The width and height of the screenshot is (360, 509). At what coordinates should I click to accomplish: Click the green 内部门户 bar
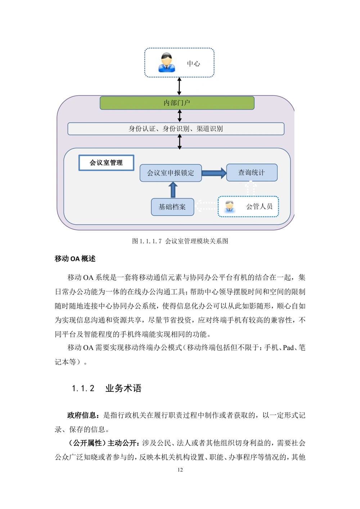click(x=177, y=103)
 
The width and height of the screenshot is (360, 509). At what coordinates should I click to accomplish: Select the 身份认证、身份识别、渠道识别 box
click(x=176, y=129)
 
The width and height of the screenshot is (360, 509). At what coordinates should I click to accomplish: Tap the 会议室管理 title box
click(x=106, y=163)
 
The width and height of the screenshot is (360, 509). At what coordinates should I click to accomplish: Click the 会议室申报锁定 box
click(x=171, y=173)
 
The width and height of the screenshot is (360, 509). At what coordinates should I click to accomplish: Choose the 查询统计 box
click(x=252, y=173)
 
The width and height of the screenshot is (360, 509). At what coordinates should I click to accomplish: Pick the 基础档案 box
click(x=172, y=207)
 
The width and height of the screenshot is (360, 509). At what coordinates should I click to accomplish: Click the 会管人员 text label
click(x=259, y=206)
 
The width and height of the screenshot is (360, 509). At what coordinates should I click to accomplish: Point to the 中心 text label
click(x=193, y=64)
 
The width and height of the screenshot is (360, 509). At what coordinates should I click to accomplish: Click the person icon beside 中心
click(x=166, y=63)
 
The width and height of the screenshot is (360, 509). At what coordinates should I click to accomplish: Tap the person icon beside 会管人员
click(x=230, y=206)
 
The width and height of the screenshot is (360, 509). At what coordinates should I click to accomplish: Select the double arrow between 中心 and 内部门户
click(x=179, y=86)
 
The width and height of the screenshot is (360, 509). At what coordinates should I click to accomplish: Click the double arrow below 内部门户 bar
click(x=180, y=116)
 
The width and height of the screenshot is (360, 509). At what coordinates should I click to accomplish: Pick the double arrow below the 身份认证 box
click(x=180, y=141)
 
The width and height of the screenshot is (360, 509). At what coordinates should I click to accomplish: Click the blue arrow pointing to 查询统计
click(x=214, y=173)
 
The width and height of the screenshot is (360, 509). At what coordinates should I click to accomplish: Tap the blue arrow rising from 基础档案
click(x=173, y=190)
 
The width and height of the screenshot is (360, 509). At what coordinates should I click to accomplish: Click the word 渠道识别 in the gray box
click(x=210, y=129)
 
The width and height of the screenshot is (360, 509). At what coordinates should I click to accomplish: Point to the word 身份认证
click(x=142, y=129)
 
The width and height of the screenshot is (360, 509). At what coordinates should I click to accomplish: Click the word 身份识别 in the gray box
click(x=176, y=129)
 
